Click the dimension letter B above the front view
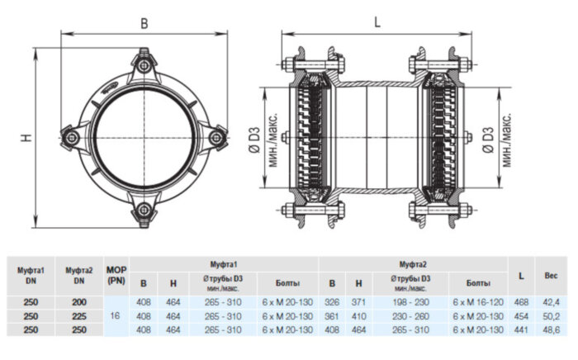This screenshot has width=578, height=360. (144, 24)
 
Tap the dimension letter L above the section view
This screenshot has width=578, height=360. (377, 23)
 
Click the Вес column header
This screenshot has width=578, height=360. (550, 274)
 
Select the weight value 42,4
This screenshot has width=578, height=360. (550, 303)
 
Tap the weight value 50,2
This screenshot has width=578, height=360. (550, 315)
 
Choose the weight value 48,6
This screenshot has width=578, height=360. (550, 329)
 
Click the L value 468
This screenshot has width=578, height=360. (521, 303)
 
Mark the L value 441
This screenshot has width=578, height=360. (521, 329)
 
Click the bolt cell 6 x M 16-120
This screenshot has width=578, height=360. (476, 303)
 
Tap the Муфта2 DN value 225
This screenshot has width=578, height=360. (78, 315)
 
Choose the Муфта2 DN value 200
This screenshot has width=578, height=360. (78, 303)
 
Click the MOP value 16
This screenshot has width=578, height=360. (116, 315)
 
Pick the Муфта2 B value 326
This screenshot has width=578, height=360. (331, 303)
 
